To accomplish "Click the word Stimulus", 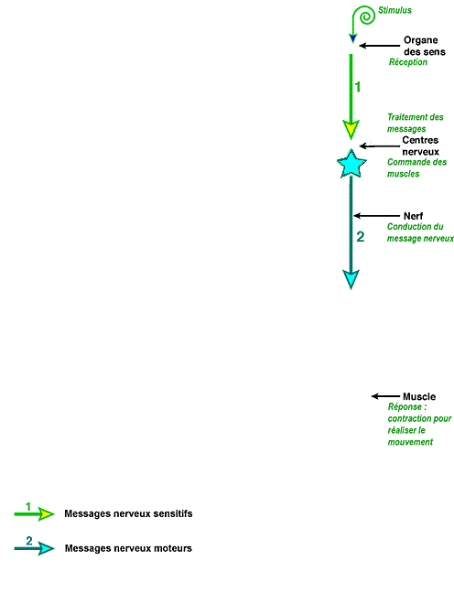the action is click(395, 10).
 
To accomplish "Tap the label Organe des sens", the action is click(425, 46).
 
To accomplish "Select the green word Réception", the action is click(407, 62).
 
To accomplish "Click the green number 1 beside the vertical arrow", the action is click(358, 87).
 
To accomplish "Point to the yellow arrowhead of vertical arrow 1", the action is click(351, 129).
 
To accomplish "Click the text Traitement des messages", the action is click(415, 123).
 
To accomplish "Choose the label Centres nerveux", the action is click(420, 146).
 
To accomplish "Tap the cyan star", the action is click(351, 165).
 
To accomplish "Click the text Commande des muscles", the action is click(417, 167).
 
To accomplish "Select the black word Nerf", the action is click(413, 216).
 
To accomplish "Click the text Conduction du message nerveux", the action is click(420, 232).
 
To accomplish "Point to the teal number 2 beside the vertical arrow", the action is click(361, 236).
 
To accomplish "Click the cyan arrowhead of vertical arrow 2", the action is click(351, 279).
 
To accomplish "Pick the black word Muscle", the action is click(419, 396).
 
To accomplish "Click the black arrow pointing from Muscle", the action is click(385, 396).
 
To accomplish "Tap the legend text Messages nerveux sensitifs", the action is click(128, 513).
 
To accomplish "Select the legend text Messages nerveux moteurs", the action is click(128, 548).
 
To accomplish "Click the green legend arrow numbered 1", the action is click(34, 514).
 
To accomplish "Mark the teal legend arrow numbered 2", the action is click(34, 548).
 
